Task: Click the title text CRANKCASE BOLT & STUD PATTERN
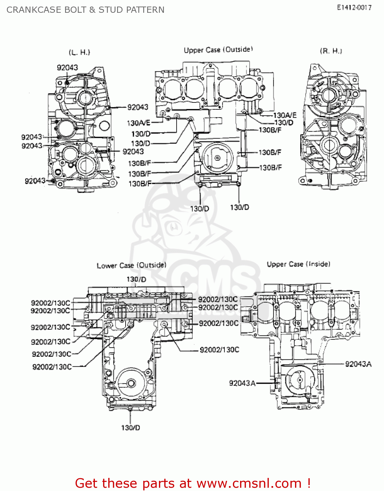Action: coord(85,10)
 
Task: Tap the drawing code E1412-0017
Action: coord(354,8)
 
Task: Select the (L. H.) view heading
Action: coord(79,52)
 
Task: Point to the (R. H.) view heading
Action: coord(331,51)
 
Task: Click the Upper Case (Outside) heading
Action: coord(218,50)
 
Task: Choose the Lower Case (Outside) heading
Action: coord(131,265)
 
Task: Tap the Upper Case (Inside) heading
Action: coord(298,264)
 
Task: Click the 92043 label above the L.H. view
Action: coord(67,67)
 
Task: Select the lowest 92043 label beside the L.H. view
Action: coord(35,181)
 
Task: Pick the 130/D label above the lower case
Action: coord(136,279)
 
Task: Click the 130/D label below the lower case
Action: coord(131,427)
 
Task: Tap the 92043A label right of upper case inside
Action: coord(358,364)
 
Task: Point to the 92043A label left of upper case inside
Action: coord(242,383)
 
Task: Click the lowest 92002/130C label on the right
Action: coord(219,350)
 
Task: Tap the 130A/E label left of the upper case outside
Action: coord(138,123)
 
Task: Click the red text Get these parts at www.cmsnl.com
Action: coord(193,483)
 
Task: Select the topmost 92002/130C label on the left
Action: coord(50,303)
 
